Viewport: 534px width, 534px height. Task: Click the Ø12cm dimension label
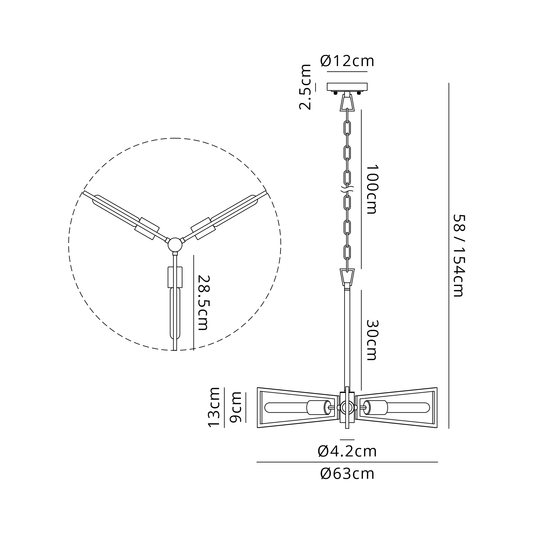click(347, 61)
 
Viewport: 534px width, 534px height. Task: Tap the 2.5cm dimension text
click(305, 87)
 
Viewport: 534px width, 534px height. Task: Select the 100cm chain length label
click(372, 190)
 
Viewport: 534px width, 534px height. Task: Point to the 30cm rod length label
click(372, 340)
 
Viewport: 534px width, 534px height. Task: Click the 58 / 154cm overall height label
click(459, 256)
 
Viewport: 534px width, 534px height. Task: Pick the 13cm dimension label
click(214, 407)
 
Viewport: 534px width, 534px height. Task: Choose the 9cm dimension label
click(236, 407)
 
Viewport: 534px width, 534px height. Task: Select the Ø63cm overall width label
click(347, 474)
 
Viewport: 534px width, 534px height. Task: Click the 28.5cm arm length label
click(204, 303)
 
